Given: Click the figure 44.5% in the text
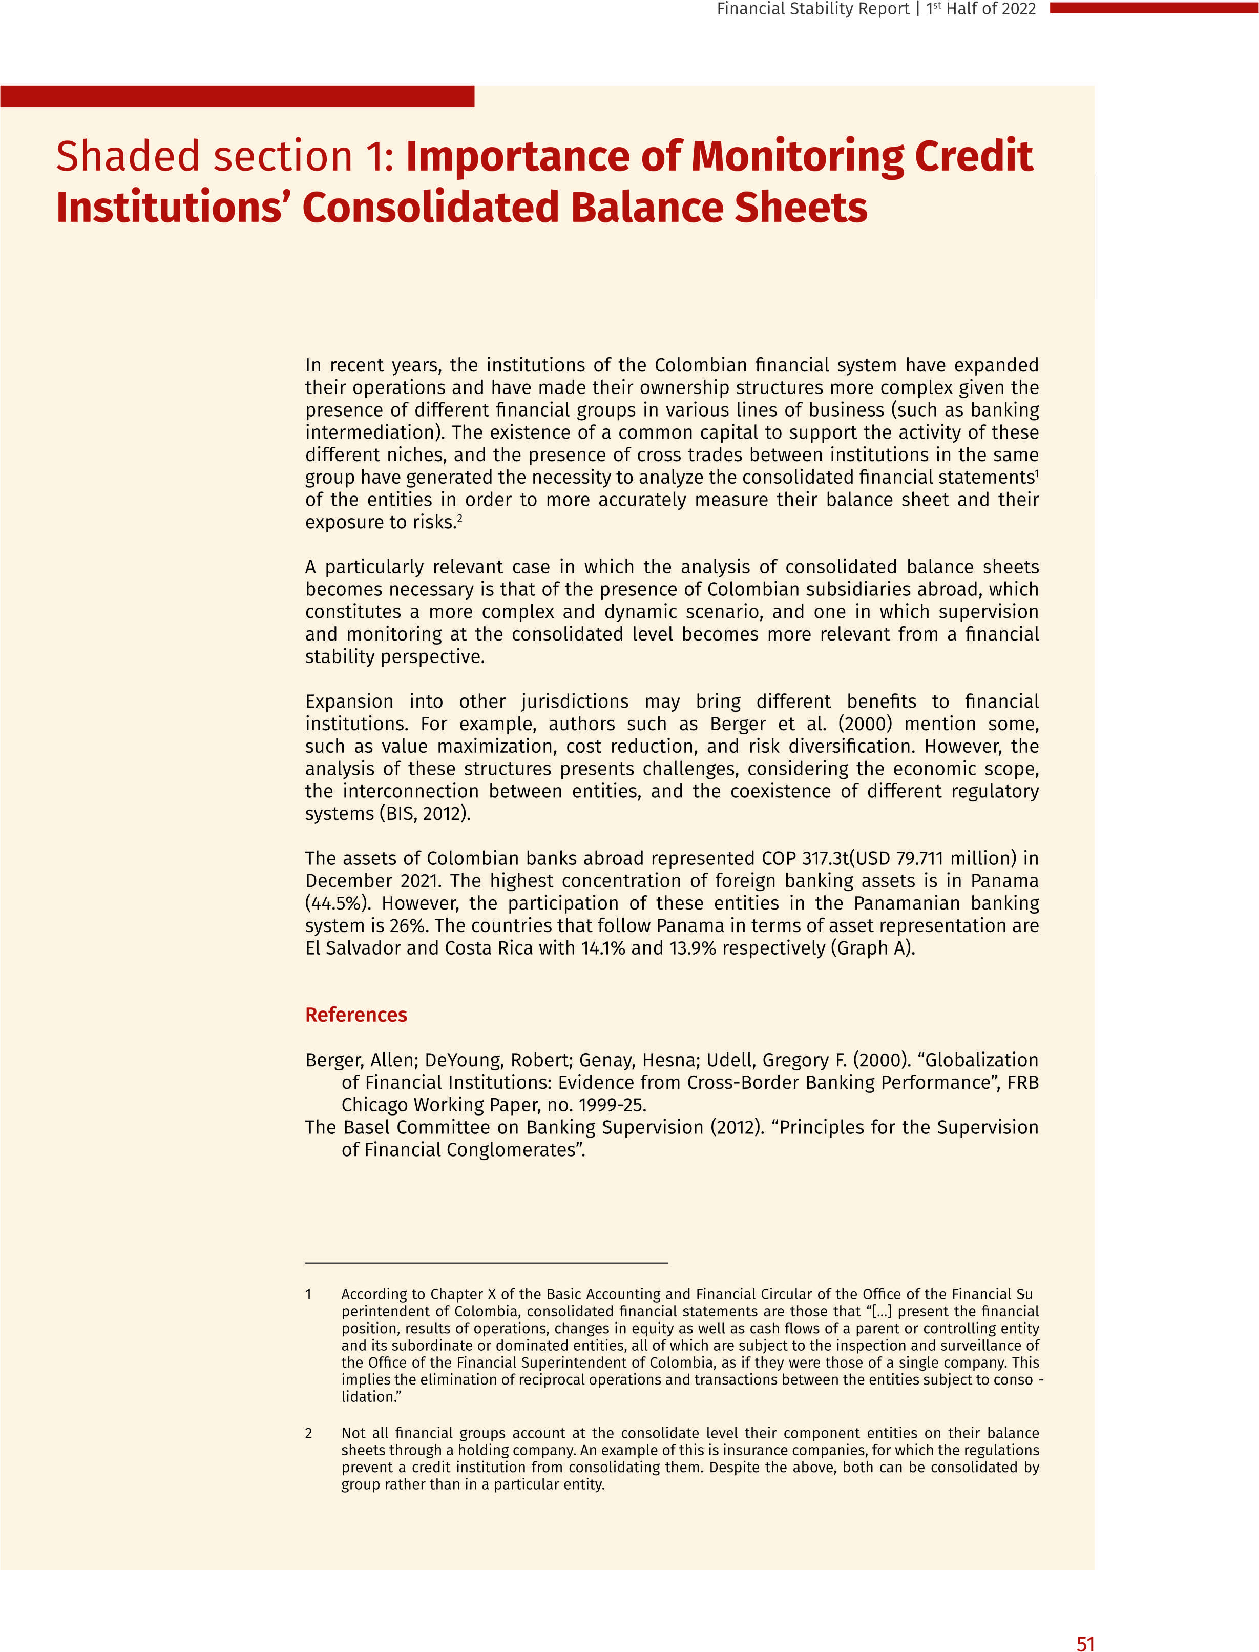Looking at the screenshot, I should [333, 903].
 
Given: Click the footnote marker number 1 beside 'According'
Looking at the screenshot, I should [308, 1294].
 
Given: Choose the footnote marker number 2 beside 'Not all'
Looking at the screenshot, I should [308, 1433].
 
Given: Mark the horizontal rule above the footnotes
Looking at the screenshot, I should [486, 1263].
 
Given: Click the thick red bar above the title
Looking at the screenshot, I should [237, 96].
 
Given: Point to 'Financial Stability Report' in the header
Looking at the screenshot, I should [812, 9].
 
